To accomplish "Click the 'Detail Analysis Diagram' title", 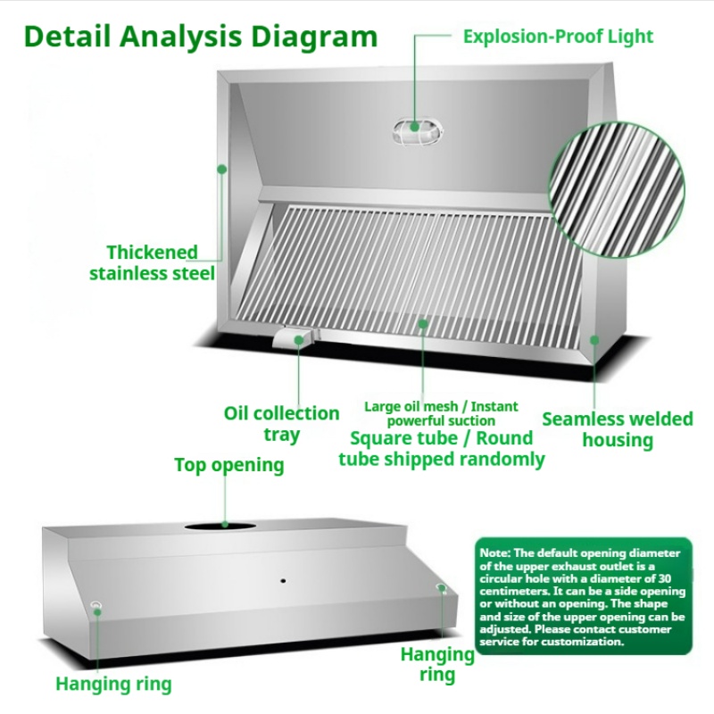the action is [201, 37].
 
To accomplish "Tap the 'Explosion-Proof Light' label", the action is [559, 37].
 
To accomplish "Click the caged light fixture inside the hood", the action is [418, 131].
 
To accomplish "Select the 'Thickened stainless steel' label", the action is [152, 262].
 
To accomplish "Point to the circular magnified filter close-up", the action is [617, 189].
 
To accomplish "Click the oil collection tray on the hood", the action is [295, 338].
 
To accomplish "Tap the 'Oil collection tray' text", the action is [281, 423].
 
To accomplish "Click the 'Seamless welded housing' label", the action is [618, 429].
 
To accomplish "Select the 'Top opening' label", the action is [229, 465].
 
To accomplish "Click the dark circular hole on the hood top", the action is [220, 527].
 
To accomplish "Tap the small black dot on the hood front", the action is [283, 582].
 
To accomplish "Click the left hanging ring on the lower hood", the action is [96, 606].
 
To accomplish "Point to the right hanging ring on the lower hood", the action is [440, 587].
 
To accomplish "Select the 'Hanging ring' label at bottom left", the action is [113, 684].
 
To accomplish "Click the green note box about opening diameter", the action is [584, 596].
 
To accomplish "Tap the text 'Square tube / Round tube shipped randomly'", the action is [442, 449].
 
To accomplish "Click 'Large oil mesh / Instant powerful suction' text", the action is [441, 413].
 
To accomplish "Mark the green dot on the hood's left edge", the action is [221, 170].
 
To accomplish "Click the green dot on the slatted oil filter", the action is [423, 324].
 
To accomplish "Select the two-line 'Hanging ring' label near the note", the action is [437, 664].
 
